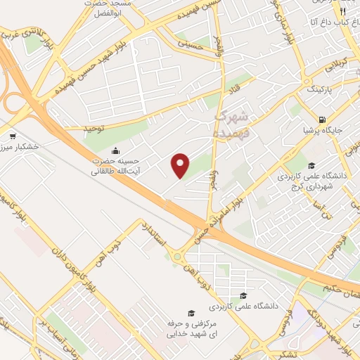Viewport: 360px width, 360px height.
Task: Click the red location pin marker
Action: [x=181, y=165]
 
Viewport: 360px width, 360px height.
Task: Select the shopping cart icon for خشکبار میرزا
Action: [x=13, y=136]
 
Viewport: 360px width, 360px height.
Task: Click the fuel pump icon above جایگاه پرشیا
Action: [x=322, y=120]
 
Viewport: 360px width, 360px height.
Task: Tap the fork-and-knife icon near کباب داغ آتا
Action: [x=342, y=12]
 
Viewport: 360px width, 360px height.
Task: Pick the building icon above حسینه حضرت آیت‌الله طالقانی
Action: [x=116, y=150]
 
